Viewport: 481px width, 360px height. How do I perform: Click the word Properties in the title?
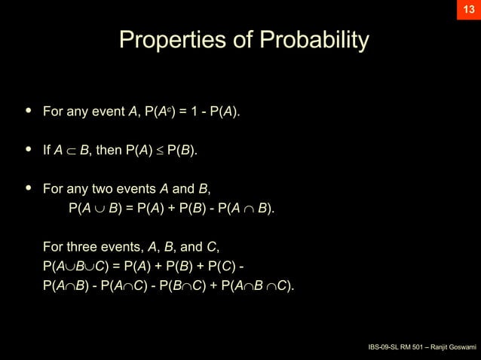pyautogui.click(x=167, y=40)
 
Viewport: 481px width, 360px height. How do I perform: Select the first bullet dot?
pyautogui.click(x=29, y=111)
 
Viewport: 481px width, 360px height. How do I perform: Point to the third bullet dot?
pyautogui.click(x=29, y=188)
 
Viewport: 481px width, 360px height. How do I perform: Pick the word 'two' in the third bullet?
pyautogui.click(x=112, y=188)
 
